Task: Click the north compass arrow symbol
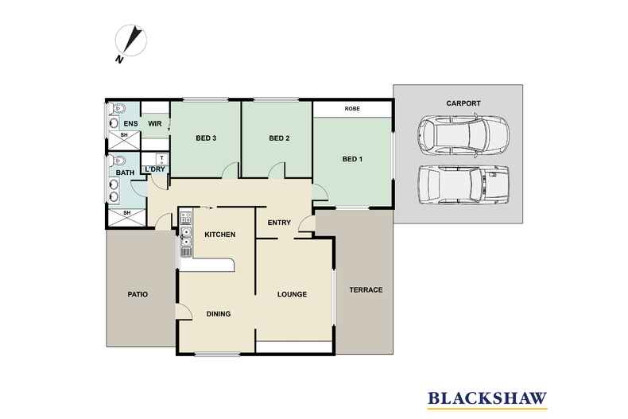pyautogui.click(x=132, y=41)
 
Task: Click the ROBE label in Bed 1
pyautogui.click(x=352, y=109)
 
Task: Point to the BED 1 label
pyautogui.click(x=352, y=159)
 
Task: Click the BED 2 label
pyautogui.click(x=278, y=138)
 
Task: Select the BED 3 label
pyautogui.click(x=207, y=138)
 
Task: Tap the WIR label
pyautogui.click(x=155, y=124)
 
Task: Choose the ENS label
pyautogui.click(x=131, y=124)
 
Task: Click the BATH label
pyautogui.click(x=126, y=173)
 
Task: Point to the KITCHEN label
pyautogui.click(x=218, y=235)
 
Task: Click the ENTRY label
pyautogui.click(x=280, y=223)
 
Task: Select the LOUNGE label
pyautogui.click(x=292, y=295)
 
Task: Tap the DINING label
pyautogui.click(x=219, y=314)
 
